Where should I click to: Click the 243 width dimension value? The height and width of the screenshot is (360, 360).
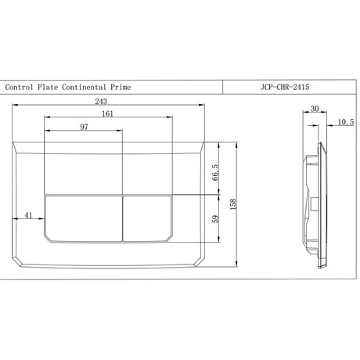(101, 101)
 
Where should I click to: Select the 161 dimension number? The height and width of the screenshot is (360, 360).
(107, 113)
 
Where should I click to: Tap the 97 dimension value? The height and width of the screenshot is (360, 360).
(84, 127)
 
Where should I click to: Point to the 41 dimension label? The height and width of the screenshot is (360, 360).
(28, 215)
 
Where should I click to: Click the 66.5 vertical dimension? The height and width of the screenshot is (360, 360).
(215, 172)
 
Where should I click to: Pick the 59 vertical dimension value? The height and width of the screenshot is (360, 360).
(215, 218)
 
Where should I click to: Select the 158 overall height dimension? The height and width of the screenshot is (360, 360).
(233, 204)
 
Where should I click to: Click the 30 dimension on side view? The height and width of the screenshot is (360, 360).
(315, 109)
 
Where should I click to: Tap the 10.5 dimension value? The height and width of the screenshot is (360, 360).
(346, 122)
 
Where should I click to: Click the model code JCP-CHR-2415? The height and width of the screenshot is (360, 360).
(285, 87)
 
